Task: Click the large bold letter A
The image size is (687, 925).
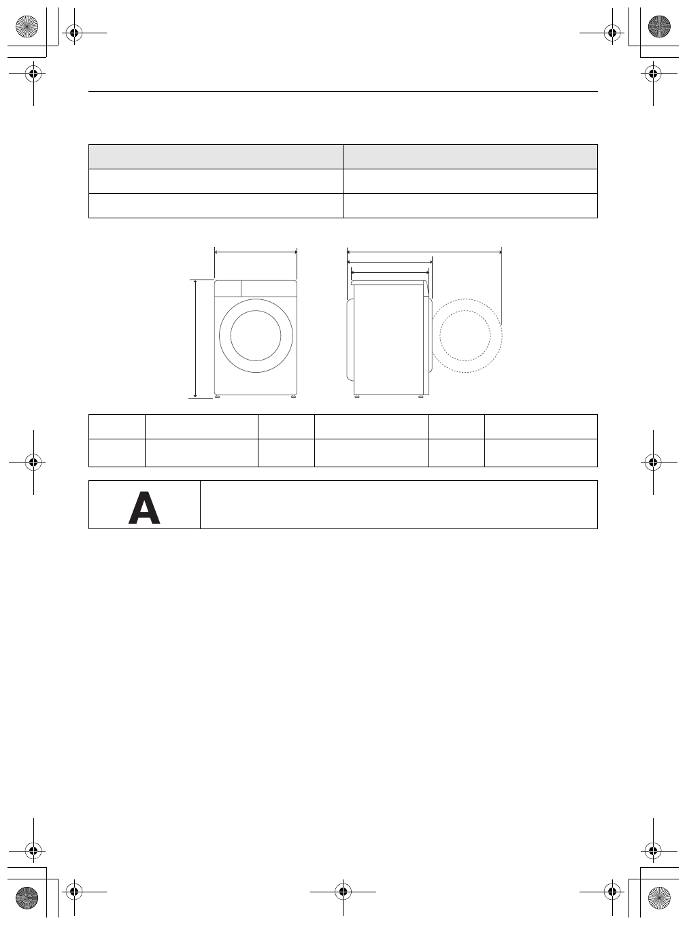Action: (x=144, y=508)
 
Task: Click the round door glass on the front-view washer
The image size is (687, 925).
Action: (x=256, y=335)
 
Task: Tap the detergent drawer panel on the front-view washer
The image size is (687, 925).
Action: (x=228, y=288)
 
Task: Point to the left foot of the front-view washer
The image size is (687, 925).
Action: (x=218, y=397)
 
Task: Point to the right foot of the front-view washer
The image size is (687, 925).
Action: (x=293, y=397)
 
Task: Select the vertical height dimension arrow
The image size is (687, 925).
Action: (x=196, y=338)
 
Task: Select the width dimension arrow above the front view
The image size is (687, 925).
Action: (x=256, y=252)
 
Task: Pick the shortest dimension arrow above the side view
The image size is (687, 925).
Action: (x=389, y=272)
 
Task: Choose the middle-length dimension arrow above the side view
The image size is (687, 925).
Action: (x=390, y=262)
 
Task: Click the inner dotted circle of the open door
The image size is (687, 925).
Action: (x=465, y=335)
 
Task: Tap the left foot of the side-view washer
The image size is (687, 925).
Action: (x=356, y=397)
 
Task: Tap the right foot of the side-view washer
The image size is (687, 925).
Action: (x=421, y=397)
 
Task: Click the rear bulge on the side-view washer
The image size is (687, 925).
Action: (x=350, y=338)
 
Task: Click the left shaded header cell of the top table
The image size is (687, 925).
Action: (x=216, y=156)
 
